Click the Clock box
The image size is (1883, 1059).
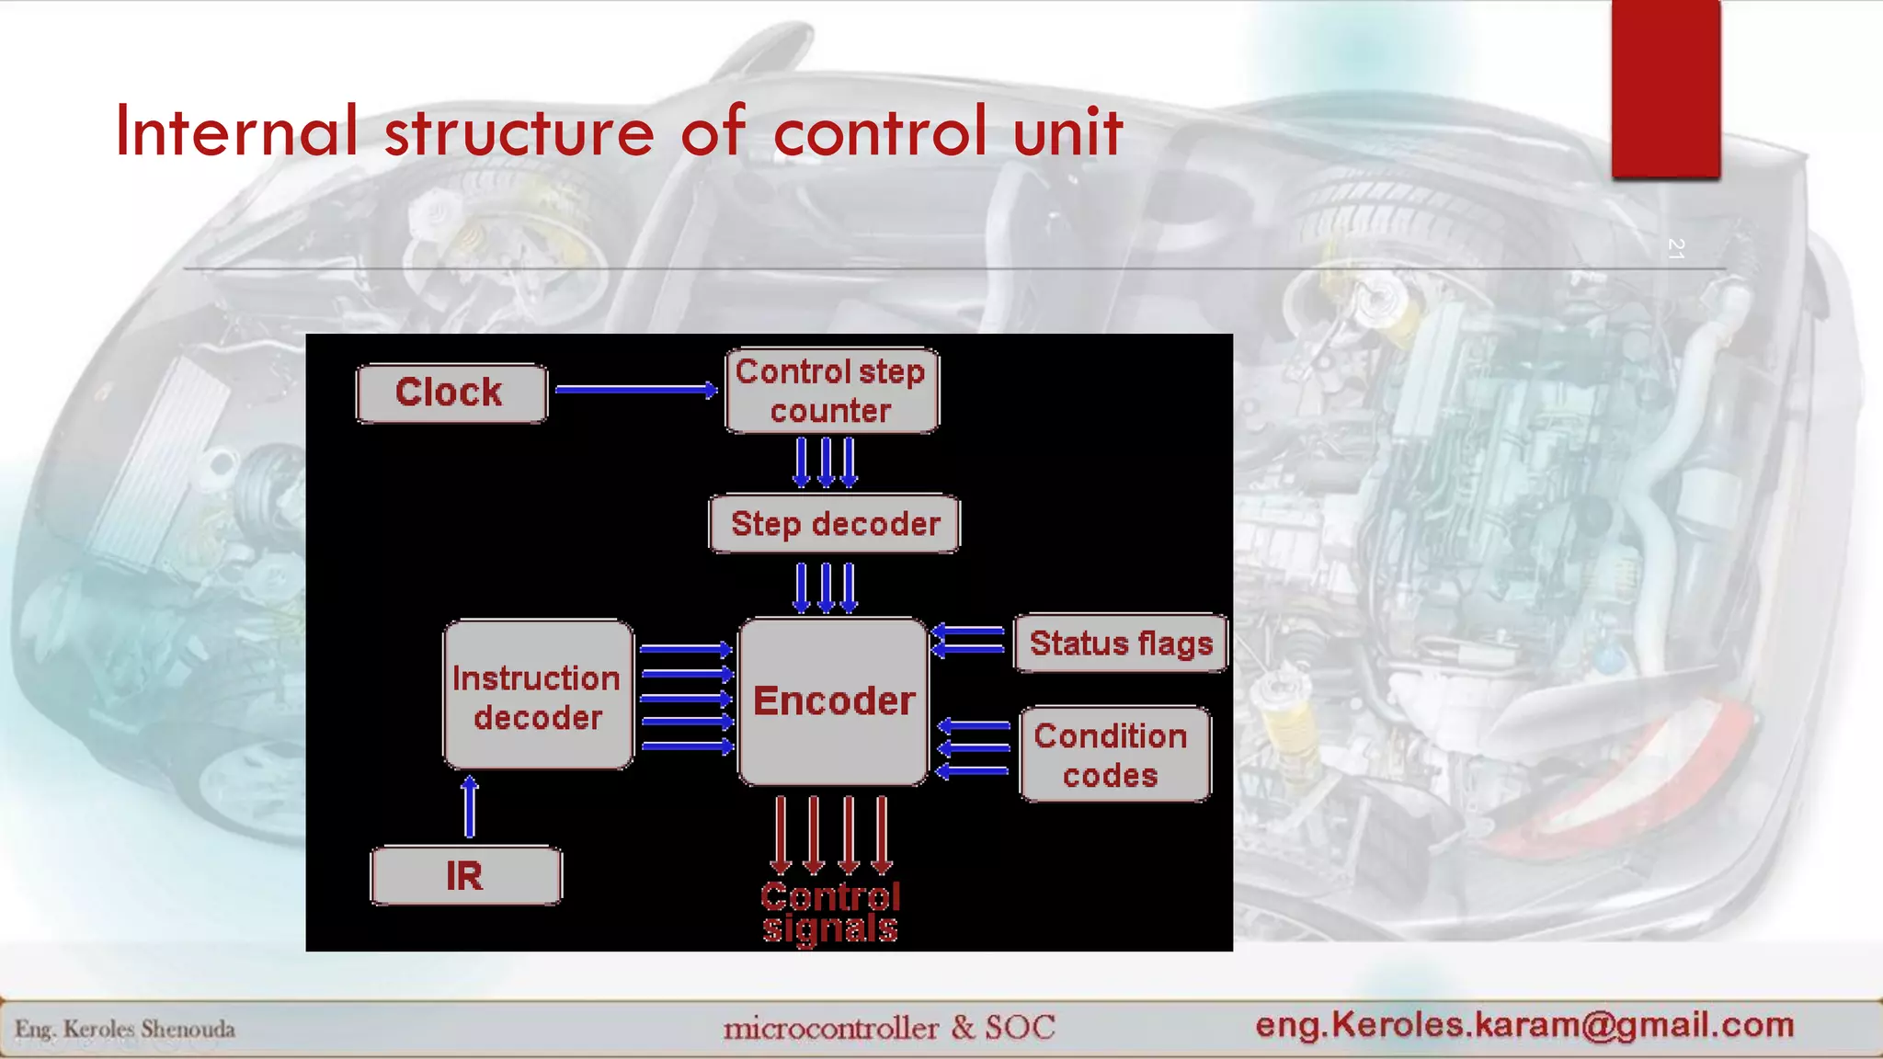click(451, 393)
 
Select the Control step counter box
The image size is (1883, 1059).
click(831, 391)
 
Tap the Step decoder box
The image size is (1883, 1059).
click(834, 524)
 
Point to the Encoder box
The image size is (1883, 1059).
click(833, 701)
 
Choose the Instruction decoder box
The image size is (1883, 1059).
click(538, 696)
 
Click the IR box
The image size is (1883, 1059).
click(465, 876)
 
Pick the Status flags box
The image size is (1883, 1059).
click(1120, 643)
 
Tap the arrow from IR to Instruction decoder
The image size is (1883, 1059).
click(470, 806)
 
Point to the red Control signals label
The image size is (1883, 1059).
click(830, 913)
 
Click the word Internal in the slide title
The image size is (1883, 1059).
click(236, 131)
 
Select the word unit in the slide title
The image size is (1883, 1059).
click(1067, 131)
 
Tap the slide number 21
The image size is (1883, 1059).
click(1674, 248)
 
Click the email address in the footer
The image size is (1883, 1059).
click(1524, 1024)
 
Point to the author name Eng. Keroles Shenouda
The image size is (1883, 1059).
click(125, 1029)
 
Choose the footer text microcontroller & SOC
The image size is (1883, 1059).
click(889, 1027)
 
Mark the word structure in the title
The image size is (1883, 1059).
click(519, 131)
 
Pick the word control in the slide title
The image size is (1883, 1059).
click(880, 131)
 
